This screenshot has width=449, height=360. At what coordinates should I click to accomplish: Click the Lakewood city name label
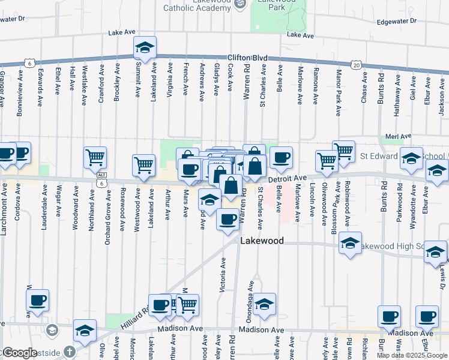262,241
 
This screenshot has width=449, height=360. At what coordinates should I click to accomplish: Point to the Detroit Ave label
287,178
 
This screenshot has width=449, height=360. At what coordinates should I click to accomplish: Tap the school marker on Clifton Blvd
145,47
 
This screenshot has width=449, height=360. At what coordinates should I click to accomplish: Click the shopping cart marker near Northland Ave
95,157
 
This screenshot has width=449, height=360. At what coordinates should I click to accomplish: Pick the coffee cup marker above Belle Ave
281,157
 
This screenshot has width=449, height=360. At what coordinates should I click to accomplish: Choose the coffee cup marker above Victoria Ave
228,219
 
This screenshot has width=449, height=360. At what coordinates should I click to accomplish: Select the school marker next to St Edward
411,158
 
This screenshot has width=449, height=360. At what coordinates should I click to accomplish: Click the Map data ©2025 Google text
412,355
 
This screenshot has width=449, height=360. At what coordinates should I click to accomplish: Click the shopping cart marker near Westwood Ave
143,165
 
